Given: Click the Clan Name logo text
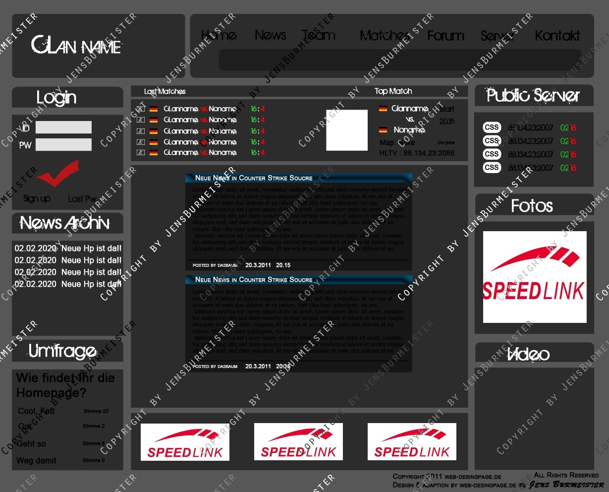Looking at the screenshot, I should [x=76, y=46].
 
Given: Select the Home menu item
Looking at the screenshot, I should [x=219, y=35].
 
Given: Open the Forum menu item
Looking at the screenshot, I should [x=445, y=36].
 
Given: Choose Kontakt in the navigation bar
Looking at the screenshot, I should [x=557, y=36].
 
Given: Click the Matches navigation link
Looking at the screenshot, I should [x=385, y=36].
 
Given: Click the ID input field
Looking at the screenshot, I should [x=63, y=127].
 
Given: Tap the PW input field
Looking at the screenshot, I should [x=63, y=145].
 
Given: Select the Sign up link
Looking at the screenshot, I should [x=37, y=198].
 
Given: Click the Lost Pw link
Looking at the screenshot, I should [x=82, y=199].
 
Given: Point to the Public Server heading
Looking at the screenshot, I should [x=533, y=95].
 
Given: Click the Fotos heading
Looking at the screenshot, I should [x=532, y=206].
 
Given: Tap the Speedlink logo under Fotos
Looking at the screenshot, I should [x=534, y=277].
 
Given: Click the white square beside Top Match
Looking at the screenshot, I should [x=347, y=130].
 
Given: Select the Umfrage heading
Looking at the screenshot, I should [x=62, y=352].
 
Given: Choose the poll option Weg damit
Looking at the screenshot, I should [x=36, y=461].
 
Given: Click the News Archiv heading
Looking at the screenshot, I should [x=64, y=223].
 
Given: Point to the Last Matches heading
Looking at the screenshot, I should [x=165, y=92].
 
